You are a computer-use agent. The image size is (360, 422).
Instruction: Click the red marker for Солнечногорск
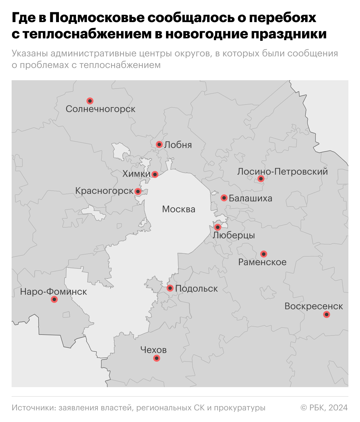coord(90,101)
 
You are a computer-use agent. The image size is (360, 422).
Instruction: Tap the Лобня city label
coord(178,145)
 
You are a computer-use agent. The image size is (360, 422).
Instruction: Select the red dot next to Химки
coord(155,174)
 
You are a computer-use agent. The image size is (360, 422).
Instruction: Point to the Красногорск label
coord(104,191)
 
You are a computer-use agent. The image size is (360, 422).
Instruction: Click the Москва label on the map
coord(179,209)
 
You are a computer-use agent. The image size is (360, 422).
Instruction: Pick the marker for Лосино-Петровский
coord(261,178)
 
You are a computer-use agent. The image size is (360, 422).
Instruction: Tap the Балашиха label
coord(251,198)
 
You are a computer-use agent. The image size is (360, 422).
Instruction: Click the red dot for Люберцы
coord(217,227)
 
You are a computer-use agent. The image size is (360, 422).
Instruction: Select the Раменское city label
coord(262,262)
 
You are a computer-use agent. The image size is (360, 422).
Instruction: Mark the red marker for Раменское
coord(264,254)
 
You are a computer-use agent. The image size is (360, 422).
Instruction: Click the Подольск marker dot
coord(170,288)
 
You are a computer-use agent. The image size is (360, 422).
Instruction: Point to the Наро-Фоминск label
coord(53,292)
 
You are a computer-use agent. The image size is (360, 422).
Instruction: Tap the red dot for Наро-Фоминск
coord(54,299)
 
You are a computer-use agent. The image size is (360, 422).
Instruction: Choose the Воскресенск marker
coord(327,314)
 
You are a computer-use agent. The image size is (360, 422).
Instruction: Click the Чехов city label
coord(153,350)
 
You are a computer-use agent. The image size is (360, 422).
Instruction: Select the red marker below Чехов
coord(156,358)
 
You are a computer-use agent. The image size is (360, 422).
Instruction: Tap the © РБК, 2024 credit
coord(324,408)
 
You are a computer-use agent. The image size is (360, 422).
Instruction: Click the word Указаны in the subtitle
coord(30,53)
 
